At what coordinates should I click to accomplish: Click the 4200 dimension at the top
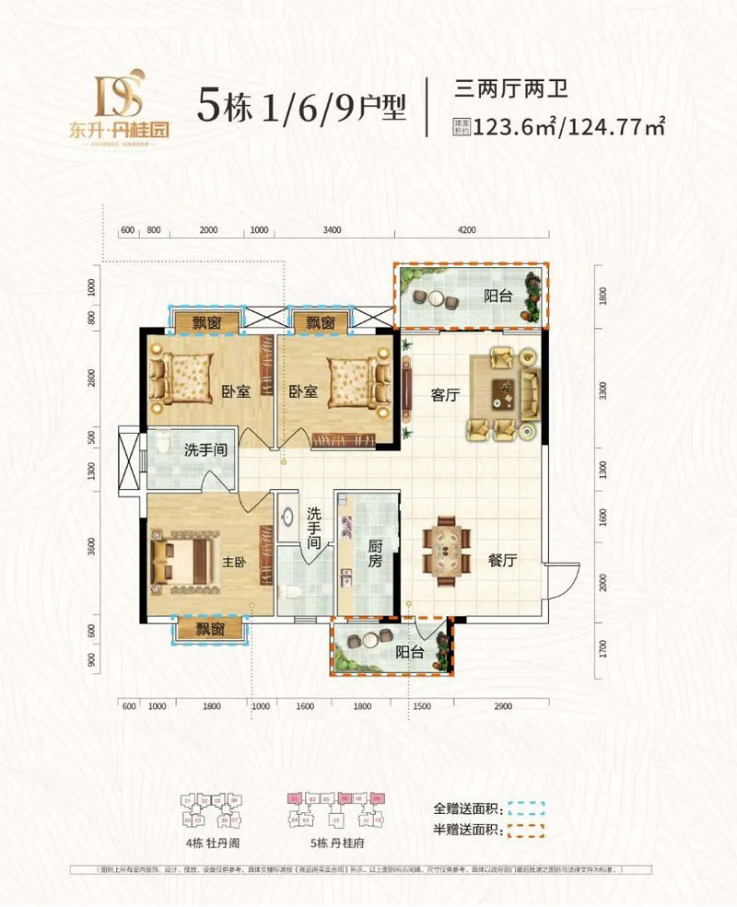coord(470,229)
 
